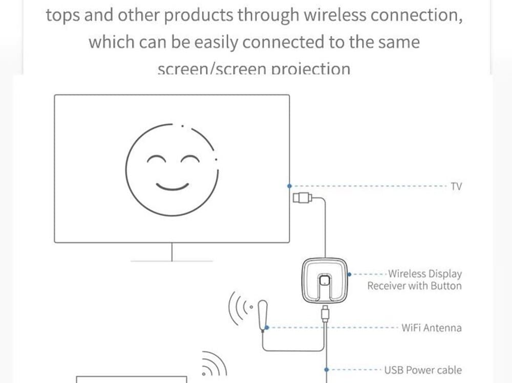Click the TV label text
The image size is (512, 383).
[456, 186]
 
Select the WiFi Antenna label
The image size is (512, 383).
[431, 328]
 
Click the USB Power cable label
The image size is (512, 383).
[422, 370]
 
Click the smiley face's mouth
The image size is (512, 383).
[173, 185]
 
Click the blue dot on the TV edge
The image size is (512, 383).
[290, 186]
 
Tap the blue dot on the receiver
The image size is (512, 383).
[349, 275]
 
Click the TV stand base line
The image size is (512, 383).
[172, 261]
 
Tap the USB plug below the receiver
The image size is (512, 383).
[325, 311]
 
